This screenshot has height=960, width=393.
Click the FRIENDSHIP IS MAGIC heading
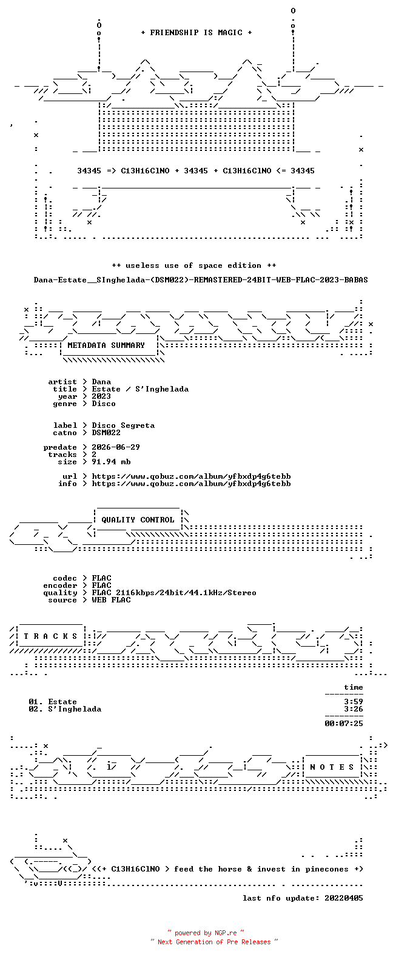coord(196,33)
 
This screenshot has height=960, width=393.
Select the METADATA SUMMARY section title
coord(106,345)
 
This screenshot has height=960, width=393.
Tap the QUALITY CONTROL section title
coord(138,520)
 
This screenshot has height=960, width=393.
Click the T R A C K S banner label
coord(50,636)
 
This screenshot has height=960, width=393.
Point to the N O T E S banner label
coord(332,767)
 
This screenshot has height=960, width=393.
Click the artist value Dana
coord(101,381)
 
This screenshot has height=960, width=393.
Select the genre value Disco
coord(103,403)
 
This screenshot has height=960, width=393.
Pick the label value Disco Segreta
coord(123,425)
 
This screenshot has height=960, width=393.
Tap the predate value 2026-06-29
coord(116,447)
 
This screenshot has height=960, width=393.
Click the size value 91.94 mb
coord(111,462)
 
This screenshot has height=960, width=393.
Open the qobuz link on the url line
coord(192,476)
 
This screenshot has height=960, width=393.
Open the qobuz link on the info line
coord(192,484)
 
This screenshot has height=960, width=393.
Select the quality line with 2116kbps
coord(174,593)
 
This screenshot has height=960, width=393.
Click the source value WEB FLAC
coord(111,600)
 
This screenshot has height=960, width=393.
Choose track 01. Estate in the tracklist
coord(53,702)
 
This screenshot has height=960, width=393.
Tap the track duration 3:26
coord(354,709)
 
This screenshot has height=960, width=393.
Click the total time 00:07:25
coord(344,724)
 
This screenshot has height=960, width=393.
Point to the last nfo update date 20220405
coord(344,898)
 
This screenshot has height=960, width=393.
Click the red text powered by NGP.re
coord(206,933)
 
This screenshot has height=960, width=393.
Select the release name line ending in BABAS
coord(201,280)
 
